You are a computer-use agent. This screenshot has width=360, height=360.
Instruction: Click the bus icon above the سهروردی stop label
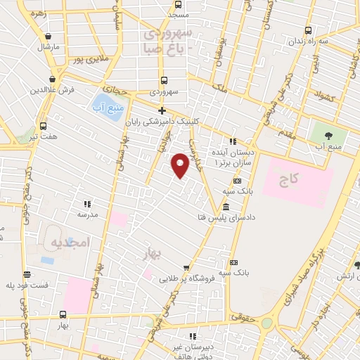click(164, 80)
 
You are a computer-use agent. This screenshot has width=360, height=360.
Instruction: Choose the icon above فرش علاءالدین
click(53, 79)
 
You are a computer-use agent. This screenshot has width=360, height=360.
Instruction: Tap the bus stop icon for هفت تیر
click(44, 126)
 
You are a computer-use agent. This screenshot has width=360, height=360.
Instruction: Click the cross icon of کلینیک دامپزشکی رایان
click(162, 110)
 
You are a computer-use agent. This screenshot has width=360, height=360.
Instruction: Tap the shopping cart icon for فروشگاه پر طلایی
click(186, 268)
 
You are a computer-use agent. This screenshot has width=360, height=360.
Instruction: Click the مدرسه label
click(88, 214)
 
